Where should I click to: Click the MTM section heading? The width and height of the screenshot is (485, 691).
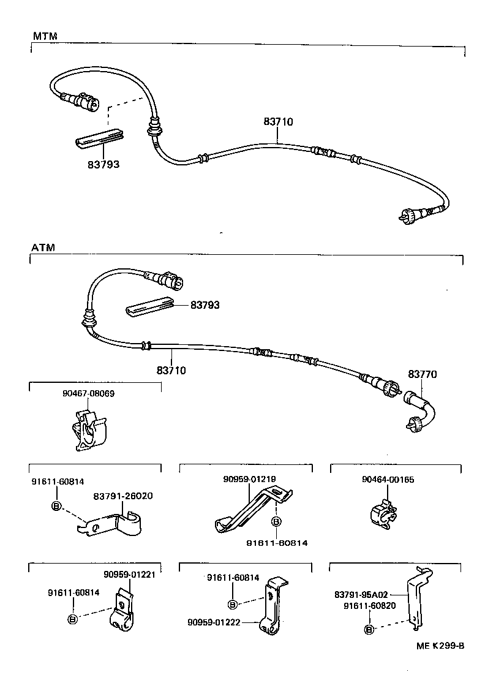(45, 36)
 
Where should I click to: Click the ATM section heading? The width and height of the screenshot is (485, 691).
(43, 248)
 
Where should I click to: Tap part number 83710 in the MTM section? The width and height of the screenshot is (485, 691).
(278, 122)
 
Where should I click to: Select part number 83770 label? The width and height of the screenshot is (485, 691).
(423, 374)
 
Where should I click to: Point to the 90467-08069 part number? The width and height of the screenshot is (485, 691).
(88, 393)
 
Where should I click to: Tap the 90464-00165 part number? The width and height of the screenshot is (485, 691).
(388, 480)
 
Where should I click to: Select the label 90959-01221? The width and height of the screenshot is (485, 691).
(129, 574)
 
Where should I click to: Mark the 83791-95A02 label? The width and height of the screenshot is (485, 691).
(361, 594)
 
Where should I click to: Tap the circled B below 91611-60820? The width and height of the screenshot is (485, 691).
(369, 629)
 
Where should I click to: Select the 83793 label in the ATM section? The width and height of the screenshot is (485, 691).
(205, 304)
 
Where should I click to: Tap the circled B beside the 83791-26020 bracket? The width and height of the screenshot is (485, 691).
(56, 506)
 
